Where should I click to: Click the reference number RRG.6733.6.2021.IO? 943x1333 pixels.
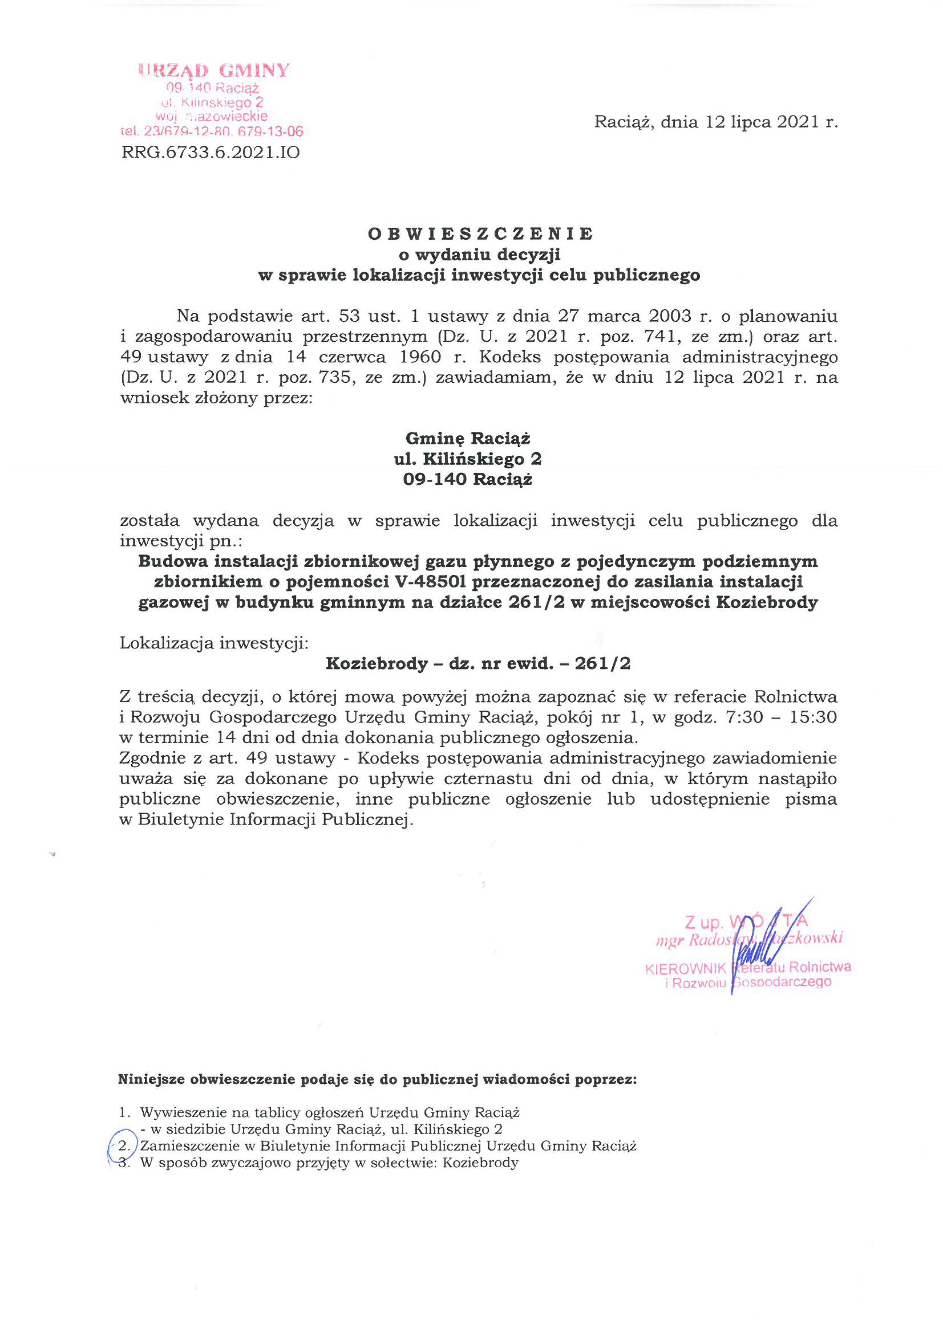pos(211,153)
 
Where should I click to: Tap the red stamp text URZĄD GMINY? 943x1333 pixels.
pos(214,71)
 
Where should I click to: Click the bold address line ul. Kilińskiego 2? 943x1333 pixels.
pos(468,459)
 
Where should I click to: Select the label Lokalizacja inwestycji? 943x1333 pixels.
pos(214,643)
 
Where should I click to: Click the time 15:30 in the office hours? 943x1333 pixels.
pos(813,717)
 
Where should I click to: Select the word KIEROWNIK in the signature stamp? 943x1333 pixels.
pos(685,969)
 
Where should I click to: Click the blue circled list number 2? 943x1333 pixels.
pos(122,1146)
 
